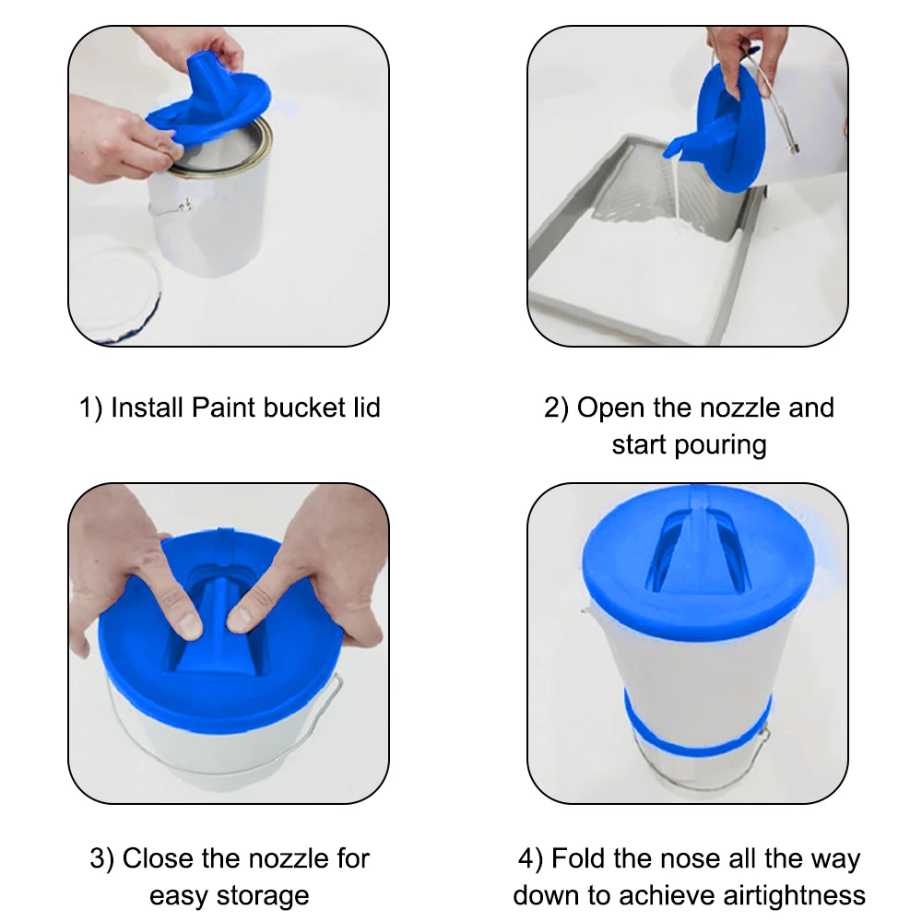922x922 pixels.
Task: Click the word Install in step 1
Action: click(x=148, y=408)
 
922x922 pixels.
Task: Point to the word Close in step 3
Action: click(x=159, y=858)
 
